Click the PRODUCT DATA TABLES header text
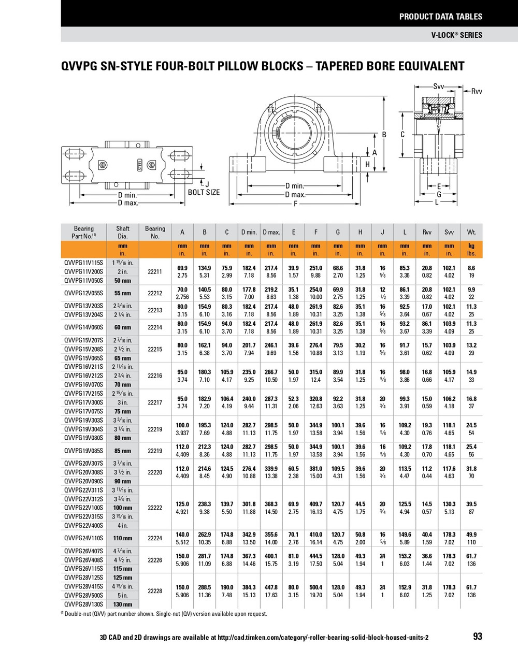click(x=440, y=17)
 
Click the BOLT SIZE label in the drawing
click(x=204, y=192)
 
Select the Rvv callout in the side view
click(x=476, y=91)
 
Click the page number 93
click(x=477, y=636)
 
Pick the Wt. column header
click(x=471, y=232)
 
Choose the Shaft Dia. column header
click(x=123, y=232)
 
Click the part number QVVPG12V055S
click(x=83, y=293)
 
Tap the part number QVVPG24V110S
click(x=83, y=538)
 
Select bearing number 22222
click(x=155, y=508)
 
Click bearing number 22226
click(x=155, y=560)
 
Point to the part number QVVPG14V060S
click(x=83, y=327)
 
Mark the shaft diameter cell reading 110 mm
click(x=123, y=538)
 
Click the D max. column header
click(x=271, y=232)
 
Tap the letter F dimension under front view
click(x=295, y=204)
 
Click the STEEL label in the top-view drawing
click(x=139, y=165)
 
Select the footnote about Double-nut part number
click(x=165, y=614)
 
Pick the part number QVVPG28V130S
click(x=83, y=604)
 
